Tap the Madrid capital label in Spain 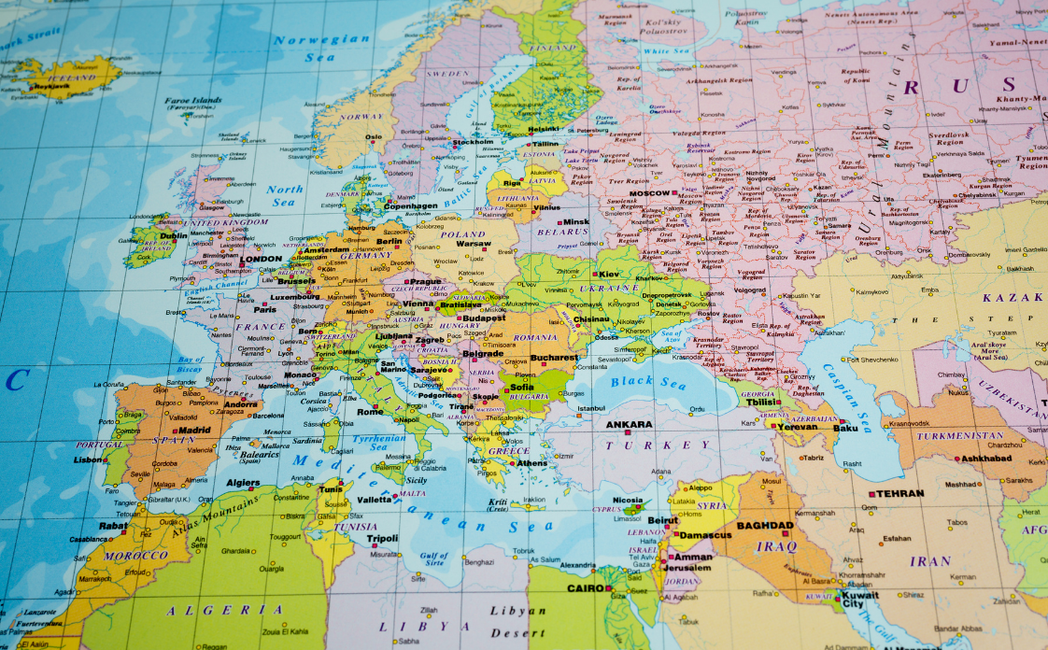(194, 431)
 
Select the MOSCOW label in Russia (649, 193)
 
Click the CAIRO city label (585, 588)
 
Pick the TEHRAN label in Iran (899, 493)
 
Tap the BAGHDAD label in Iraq (765, 526)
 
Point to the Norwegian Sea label (322, 48)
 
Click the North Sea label (285, 195)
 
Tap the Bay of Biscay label (191, 365)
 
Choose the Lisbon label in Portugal (90, 459)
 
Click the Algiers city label (244, 483)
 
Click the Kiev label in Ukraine (608, 274)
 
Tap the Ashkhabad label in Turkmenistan (985, 459)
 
